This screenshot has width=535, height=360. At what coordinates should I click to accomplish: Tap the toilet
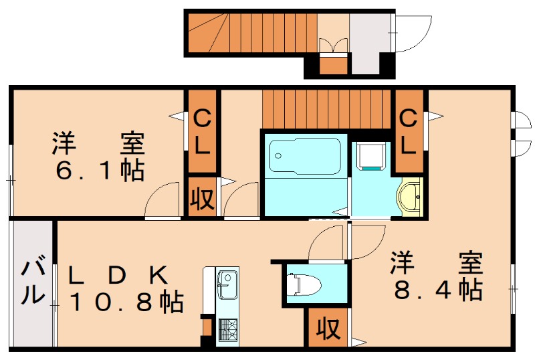pos(304,284)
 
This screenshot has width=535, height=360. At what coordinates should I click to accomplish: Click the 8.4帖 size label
pos(437,288)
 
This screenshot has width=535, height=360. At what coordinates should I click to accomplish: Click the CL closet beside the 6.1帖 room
pos(201,132)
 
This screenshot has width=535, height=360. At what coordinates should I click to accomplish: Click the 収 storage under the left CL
pos(201,198)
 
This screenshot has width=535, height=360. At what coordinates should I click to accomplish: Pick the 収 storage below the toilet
pos(328,329)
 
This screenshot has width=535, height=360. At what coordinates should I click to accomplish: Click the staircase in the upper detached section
pos(251,33)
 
